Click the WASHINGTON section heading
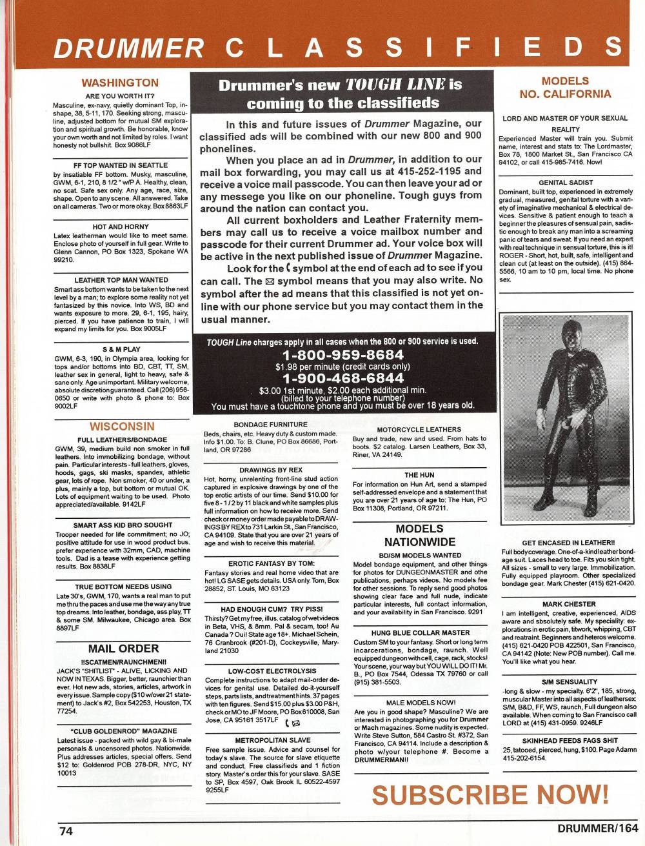[121, 83]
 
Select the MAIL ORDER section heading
[123, 649]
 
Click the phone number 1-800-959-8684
[343, 355]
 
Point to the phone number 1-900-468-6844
[343, 378]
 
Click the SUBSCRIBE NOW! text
[490, 794]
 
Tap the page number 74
[66, 831]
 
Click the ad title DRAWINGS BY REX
[271, 470]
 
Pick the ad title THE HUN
[419, 474]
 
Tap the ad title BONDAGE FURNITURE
[271, 425]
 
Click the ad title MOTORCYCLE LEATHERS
[419, 429]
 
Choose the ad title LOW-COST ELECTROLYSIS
[271, 671]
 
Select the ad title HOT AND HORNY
[121, 227]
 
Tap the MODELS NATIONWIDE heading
[419, 536]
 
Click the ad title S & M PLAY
[121, 349]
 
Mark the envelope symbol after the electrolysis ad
[297, 723]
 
